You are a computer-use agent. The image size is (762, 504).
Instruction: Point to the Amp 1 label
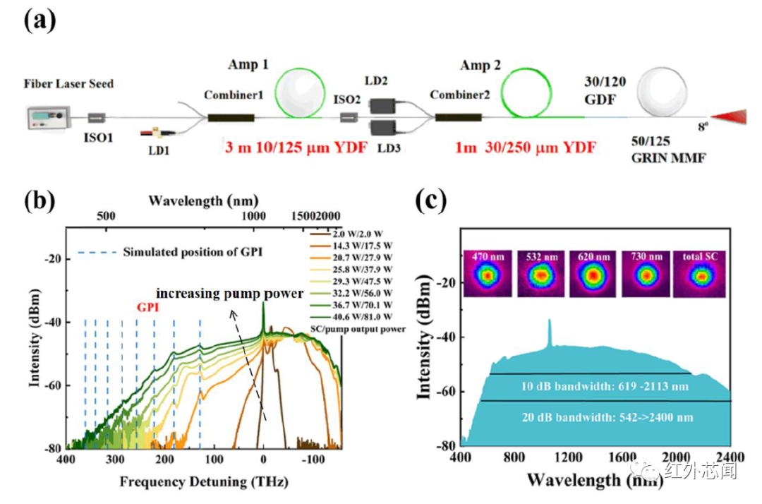[248, 65]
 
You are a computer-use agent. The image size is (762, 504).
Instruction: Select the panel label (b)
[41, 201]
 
